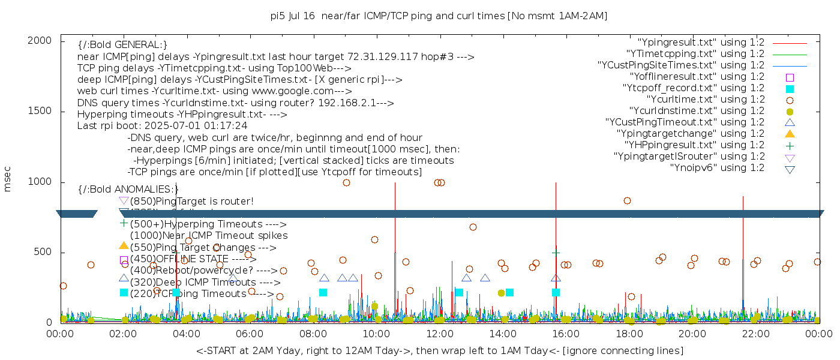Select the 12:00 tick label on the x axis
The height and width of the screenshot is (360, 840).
click(x=439, y=332)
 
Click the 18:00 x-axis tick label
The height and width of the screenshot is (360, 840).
click(x=628, y=332)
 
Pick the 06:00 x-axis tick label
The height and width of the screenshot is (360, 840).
click(x=250, y=332)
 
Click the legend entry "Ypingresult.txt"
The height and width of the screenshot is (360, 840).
click(x=701, y=43)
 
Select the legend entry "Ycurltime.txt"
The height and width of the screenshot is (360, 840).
click(x=705, y=100)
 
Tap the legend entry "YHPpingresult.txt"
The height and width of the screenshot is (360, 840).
click(x=694, y=145)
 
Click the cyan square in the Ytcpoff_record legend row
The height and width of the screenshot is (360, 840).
click(x=790, y=89)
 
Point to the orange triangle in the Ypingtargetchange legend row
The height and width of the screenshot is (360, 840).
click(x=790, y=134)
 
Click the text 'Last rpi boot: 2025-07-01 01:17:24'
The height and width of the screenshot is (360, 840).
click(x=162, y=126)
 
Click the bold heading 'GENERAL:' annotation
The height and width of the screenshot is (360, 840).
click(x=122, y=45)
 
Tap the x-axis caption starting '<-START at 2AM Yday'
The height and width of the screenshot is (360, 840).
click(x=439, y=350)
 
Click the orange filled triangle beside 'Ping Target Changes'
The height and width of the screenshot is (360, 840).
click(x=124, y=245)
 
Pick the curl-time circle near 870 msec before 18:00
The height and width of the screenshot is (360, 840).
click(x=627, y=200)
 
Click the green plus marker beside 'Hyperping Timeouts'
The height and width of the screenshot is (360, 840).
click(x=124, y=223)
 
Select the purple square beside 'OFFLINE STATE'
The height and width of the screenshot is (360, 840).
click(x=124, y=260)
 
